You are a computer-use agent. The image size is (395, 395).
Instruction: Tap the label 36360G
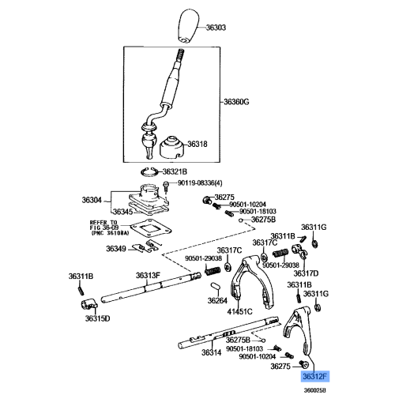click(235, 101)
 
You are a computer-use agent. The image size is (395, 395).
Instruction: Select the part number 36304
click(92, 200)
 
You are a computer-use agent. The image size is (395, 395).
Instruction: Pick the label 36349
click(116, 250)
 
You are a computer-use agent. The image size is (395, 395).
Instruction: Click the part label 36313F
click(148, 275)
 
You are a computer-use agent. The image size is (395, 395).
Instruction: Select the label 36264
click(217, 300)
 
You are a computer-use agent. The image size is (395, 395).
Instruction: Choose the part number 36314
click(211, 353)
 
